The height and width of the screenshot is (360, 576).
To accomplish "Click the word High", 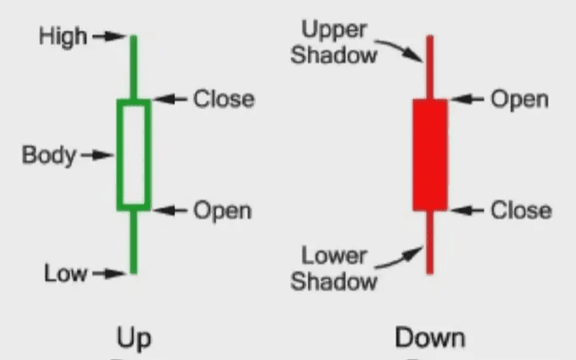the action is [x=62, y=37].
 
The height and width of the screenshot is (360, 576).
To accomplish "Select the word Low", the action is [x=66, y=274].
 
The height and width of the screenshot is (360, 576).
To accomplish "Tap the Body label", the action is [x=49, y=155].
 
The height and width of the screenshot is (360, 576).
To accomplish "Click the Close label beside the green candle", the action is [x=223, y=99].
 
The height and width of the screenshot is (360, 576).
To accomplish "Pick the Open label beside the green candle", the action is [x=222, y=210].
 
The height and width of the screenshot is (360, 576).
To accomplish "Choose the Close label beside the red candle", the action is [x=521, y=210].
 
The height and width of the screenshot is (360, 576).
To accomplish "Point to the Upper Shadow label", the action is [x=334, y=43].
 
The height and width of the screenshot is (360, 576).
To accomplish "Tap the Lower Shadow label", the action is [x=333, y=269].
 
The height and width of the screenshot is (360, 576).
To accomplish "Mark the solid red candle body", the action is [x=430, y=154].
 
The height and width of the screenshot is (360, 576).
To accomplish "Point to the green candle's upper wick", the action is [x=134, y=67].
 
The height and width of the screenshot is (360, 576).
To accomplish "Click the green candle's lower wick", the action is [x=134, y=242].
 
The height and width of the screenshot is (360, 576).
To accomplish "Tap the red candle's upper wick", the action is [x=430, y=67].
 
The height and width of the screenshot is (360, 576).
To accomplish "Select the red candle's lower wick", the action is [x=430, y=242].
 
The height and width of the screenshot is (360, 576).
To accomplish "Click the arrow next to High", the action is [x=109, y=37].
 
